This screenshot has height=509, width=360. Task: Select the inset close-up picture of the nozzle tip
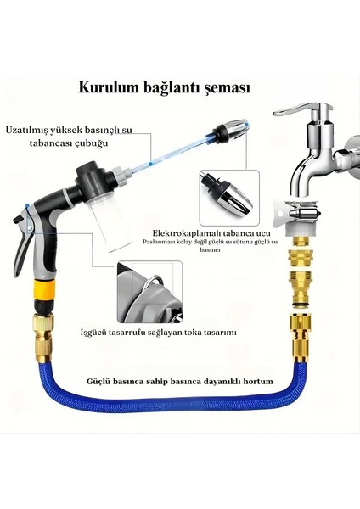(x=227, y=193)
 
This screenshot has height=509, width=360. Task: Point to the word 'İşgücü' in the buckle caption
(x=97, y=332)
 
